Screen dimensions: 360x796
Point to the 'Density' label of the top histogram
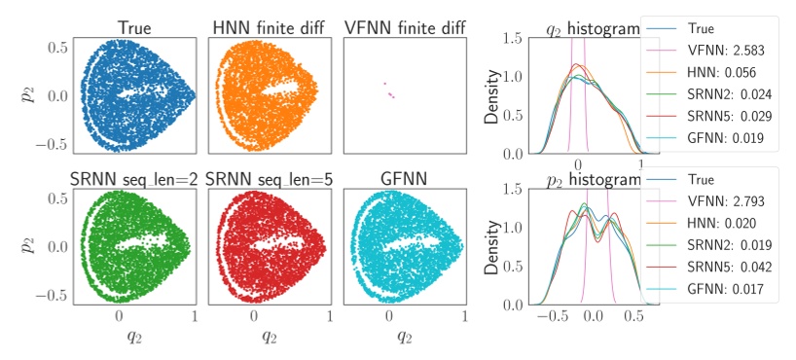click(494, 95)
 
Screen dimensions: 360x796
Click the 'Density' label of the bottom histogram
click(494, 245)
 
